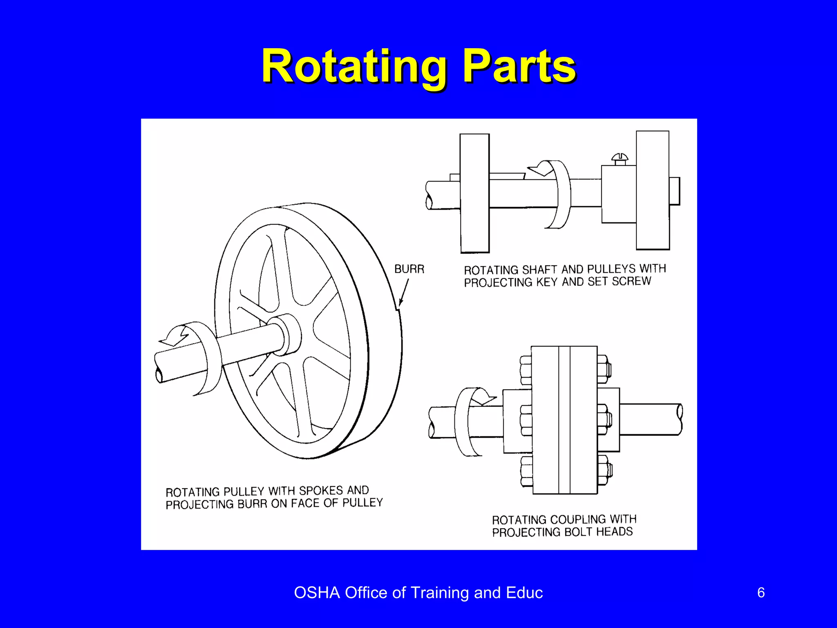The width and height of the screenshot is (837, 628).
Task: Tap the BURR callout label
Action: pos(409,269)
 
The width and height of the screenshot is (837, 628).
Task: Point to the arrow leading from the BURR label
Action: pos(404,292)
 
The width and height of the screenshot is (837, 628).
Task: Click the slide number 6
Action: pos(761,592)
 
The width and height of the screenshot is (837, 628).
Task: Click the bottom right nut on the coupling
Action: pos(604,470)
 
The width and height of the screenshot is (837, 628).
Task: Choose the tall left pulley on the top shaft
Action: pos(474,193)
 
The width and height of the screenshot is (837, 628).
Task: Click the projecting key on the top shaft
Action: pos(507,176)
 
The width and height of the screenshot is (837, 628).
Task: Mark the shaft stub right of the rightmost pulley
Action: pos(675,191)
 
